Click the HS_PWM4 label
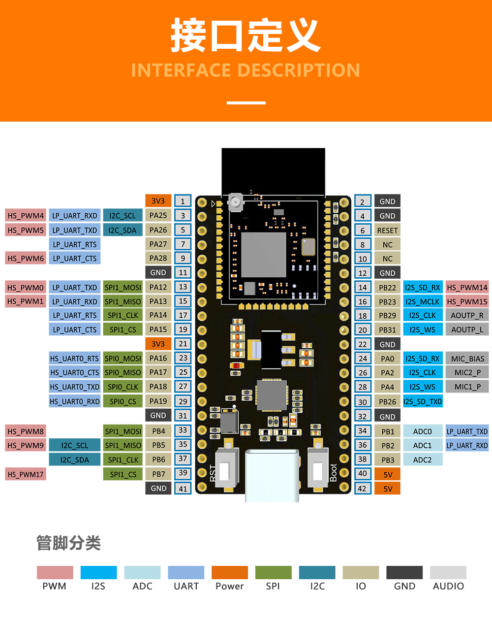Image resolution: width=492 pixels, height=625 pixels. click(x=26, y=216)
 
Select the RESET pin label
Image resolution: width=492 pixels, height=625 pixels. click(x=387, y=230)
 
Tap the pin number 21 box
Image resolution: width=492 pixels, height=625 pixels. click(x=183, y=344)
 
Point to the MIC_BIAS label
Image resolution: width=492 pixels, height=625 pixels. click(x=467, y=359)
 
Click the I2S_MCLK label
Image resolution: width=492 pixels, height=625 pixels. click(x=422, y=301)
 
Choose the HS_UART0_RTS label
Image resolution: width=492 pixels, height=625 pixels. click(x=75, y=359)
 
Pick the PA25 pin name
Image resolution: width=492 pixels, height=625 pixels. click(x=158, y=215)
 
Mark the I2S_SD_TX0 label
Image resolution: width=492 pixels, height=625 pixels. click(x=423, y=401)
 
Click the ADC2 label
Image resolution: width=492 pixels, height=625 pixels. click(x=422, y=460)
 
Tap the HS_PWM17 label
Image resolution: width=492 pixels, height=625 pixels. click(x=26, y=474)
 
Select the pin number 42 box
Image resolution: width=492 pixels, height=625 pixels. click(x=362, y=488)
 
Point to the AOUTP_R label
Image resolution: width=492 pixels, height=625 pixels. click(x=467, y=315)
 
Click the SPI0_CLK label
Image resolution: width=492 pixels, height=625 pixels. click(x=123, y=387)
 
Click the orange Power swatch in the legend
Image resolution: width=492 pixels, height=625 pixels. click(x=229, y=572)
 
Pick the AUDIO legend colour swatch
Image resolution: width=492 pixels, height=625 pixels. click(x=448, y=572)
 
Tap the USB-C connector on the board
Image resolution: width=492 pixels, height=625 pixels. click(x=272, y=475)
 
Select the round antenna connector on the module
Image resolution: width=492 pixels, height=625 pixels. click(x=235, y=201)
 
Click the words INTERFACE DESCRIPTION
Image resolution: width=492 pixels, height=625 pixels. click(x=246, y=70)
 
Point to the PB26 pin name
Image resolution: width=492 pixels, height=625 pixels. click(x=387, y=401)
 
